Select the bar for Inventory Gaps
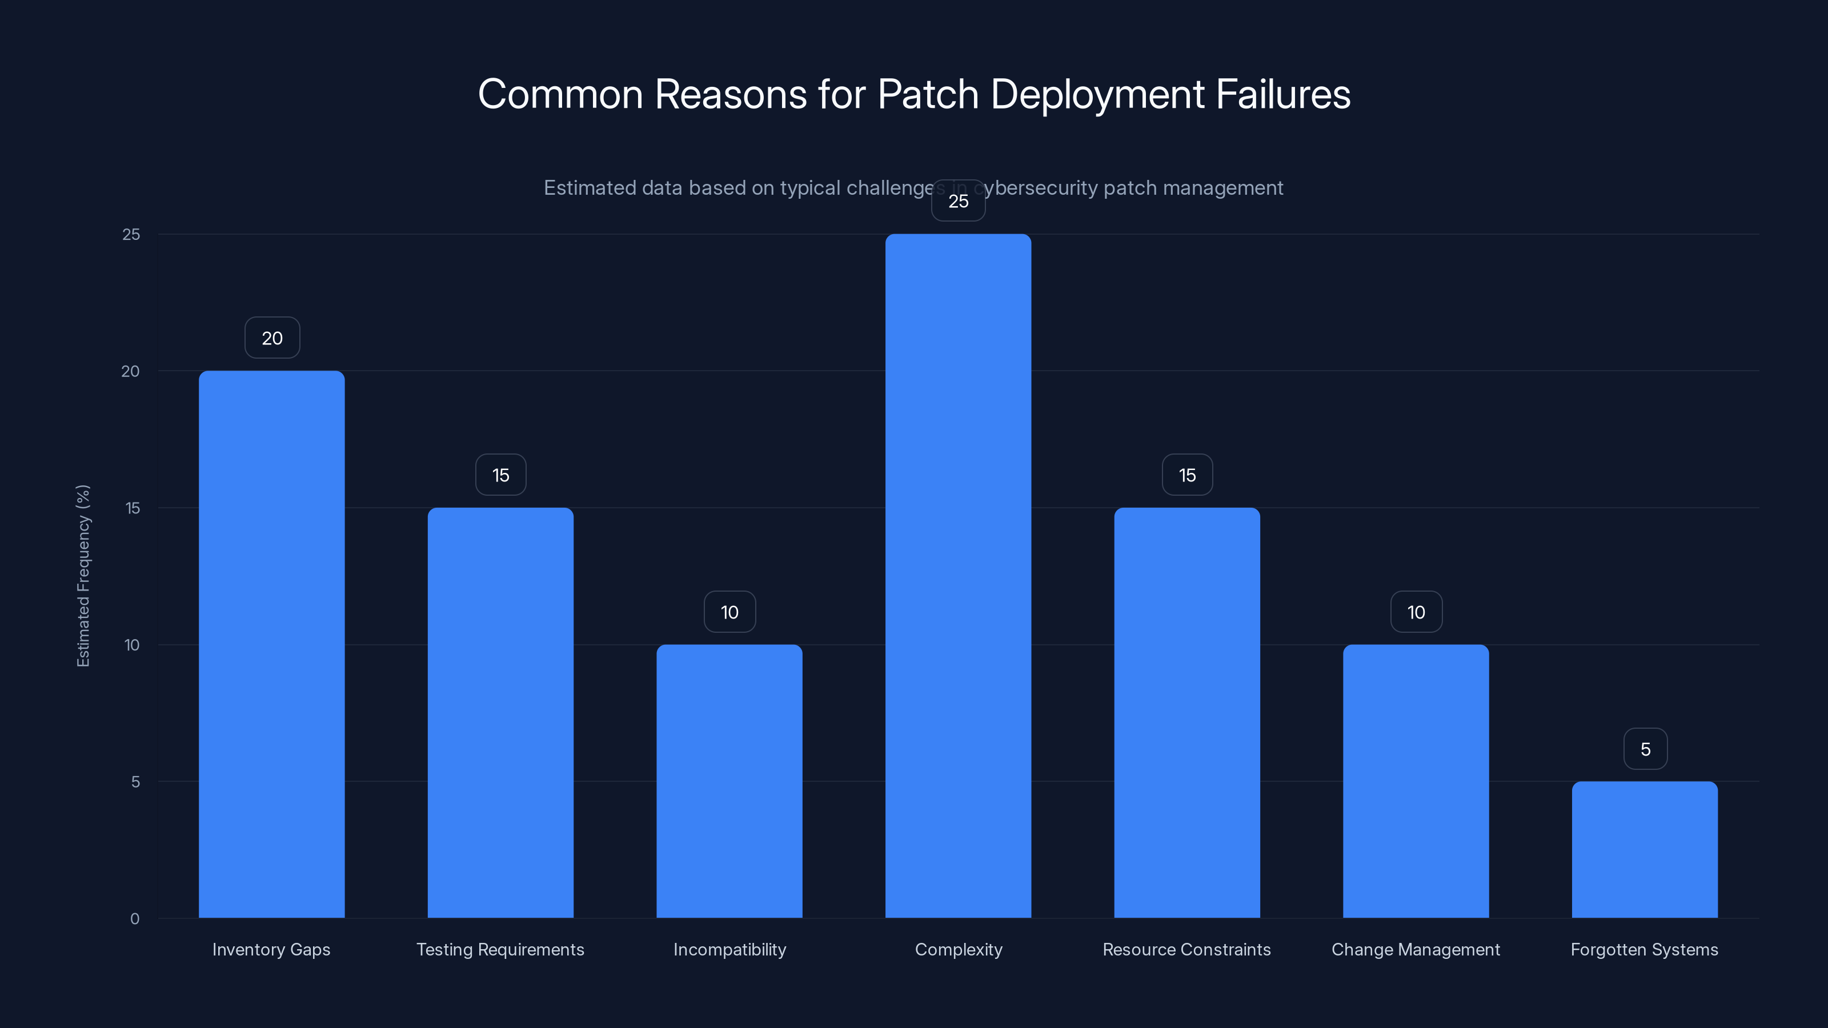pos(272,644)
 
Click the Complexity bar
pos(958,575)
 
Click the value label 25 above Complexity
pos(958,201)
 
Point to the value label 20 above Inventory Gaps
pos(272,338)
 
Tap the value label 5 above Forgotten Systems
pos(1645,749)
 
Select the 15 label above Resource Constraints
pos(1187,475)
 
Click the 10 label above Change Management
pos(1416,612)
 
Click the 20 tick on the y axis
pos(131,371)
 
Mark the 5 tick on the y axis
pos(135,782)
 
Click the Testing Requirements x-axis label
pos(500,949)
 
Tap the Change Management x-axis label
pos(1416,949)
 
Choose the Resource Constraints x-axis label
pos(1186,949)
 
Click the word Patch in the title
pos(928,94)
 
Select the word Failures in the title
pos(1283,94)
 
